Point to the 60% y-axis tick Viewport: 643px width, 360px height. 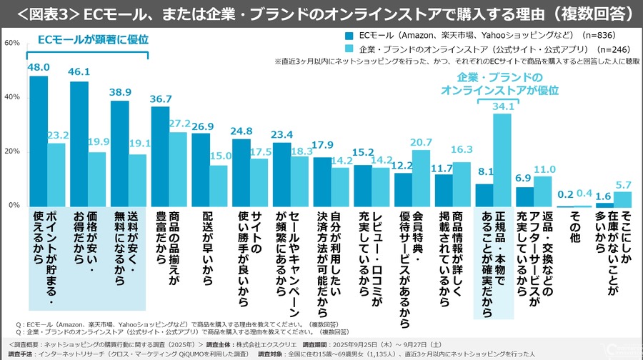(11, 43)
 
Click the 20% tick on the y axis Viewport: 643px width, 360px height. (11, 151)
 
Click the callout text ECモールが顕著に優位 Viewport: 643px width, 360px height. (88, 39)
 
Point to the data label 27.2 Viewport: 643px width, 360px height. (179, 124)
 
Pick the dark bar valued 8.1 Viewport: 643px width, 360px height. (484, 195)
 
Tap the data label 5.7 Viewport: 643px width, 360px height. (624, 184)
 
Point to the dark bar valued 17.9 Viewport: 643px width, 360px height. (322, 181)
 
